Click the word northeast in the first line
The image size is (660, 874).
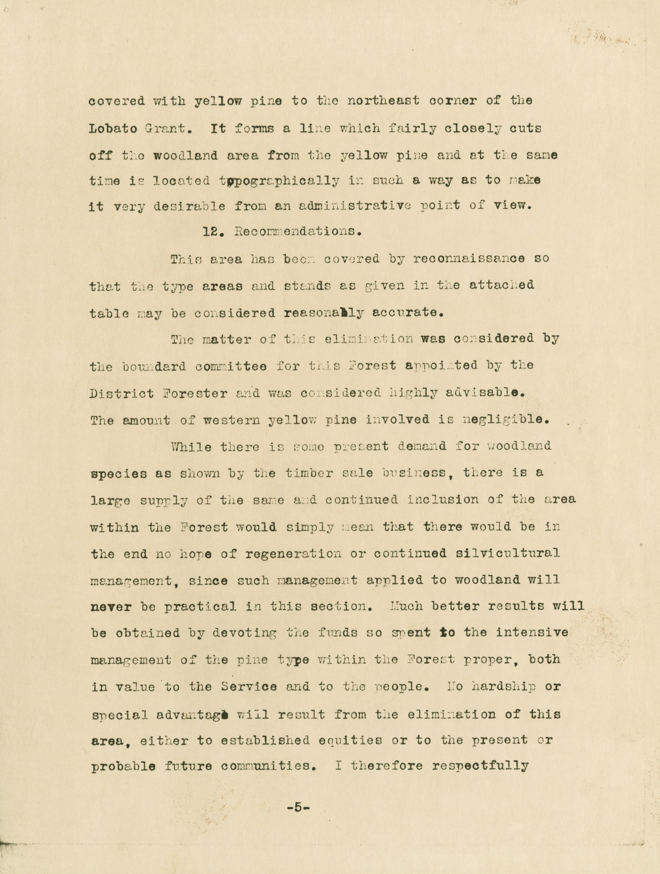(x=383, y=101)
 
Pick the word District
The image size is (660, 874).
(x=122, y=394)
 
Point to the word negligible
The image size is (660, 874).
(x=506, y=420)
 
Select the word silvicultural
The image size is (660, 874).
(x=508, y=553)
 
